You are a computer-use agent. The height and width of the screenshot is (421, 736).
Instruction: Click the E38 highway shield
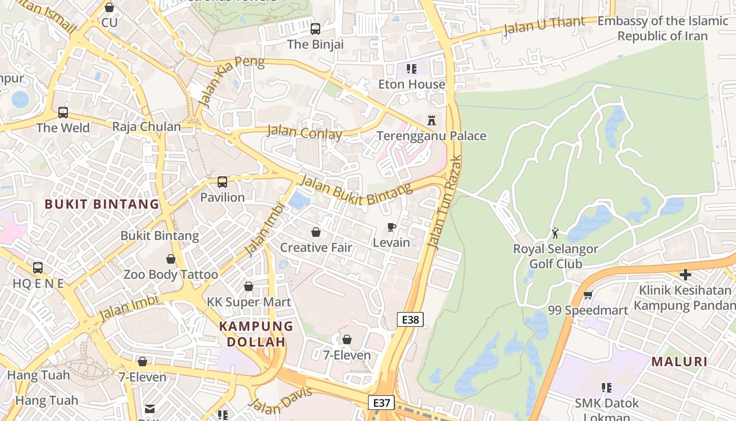click(x=410, y=319)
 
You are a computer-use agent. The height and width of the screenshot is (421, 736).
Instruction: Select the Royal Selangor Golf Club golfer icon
click(x=555, y=233)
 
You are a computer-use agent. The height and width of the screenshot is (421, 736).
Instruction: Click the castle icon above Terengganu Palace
click(x=432, y=120)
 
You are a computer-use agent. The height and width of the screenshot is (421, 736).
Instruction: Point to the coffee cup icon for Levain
click(x=391, y=227)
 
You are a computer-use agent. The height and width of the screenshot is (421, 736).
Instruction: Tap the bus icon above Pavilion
click(x=222, y=182)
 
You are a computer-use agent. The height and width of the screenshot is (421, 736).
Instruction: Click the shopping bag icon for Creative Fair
click(x=316, y=232)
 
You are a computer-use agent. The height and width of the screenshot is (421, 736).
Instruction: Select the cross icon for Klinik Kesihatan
click(x=685, y=274)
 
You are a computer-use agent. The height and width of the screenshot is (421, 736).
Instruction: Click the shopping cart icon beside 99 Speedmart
click(x=588, y=295)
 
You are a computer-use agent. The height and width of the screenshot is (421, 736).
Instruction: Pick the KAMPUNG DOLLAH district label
click(x=256, y=334)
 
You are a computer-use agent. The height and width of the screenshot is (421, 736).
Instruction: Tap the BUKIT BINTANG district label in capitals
click(x=101, y=204)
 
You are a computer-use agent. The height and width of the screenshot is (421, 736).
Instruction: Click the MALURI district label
click(x=679, y=362)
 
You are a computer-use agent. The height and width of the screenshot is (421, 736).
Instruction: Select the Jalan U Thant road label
click(x=544, y=25)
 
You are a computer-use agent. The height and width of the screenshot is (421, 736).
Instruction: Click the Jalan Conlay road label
click(x=304, y=132)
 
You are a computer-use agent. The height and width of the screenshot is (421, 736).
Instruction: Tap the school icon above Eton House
click(x=412, y=68)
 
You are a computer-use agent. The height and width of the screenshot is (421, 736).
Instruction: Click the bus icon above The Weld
click(x=63, y=112)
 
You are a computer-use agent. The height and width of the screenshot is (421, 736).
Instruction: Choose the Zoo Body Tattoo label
click(x=170, y=274)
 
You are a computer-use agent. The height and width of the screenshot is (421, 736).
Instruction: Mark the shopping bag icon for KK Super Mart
click(x=249, y=286)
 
